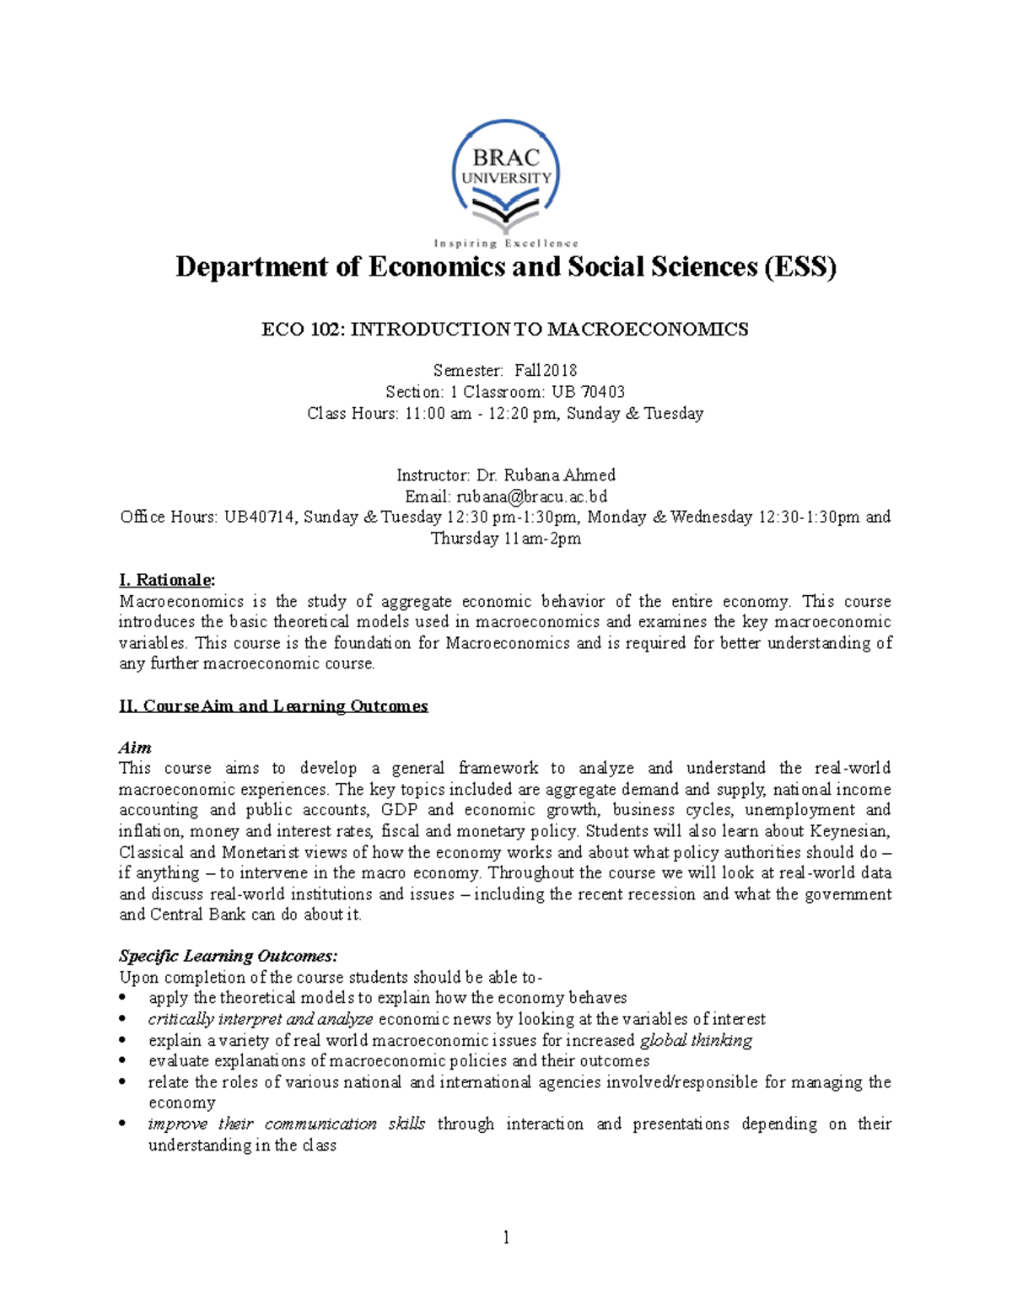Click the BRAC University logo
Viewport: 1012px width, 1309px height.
point(505,177)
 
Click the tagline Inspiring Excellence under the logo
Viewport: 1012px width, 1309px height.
point(506,244)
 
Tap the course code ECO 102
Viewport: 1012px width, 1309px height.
point(300,330)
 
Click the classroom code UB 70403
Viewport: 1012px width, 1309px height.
point(588,392)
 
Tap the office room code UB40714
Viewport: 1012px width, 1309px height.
point(259,518)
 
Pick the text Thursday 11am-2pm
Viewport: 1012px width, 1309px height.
point(505,539)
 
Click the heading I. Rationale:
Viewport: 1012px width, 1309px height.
point(167,580)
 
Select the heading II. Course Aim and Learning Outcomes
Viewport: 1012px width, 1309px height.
point(273,706)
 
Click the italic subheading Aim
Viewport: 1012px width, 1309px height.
point(135,748)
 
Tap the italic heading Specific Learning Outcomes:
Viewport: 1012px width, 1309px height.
point(228,956)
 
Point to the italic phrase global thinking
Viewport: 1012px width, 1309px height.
point(696,1040)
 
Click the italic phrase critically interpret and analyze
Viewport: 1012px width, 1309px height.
point(260,1019)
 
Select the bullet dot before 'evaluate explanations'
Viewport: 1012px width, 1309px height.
point(123,1061)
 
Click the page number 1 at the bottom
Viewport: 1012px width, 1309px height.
point(506,1237)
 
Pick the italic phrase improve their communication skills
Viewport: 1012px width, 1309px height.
point(286,1124)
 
